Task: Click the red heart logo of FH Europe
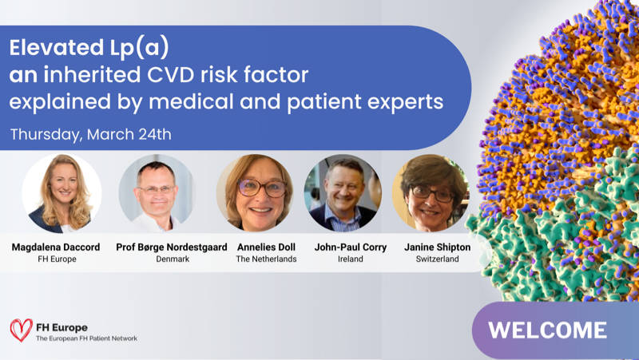tap(22, 330)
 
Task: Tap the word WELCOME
tap(547, 330)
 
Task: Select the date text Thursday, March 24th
tap(91, 134)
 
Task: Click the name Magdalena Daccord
tap(56, 247)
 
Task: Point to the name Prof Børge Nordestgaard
tap(172, 247)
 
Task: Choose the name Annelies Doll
tap(266, 247)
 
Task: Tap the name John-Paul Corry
tap(351, 247)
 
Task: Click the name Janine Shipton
tap(437, 247)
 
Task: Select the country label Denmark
tap(173, 259)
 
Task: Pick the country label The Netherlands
tap(266, 259)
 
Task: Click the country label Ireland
tap(351, 259)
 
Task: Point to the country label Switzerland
tap(437, 259)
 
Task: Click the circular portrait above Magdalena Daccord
tap(62, 193)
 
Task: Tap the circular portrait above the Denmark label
tap(157, 193)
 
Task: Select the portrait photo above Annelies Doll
tap(255, 192)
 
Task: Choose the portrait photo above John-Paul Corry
tap(343, 192)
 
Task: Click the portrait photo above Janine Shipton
tap(431, 192)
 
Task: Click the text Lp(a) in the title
tap(139, 48)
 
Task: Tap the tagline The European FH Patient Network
tap(86, 338)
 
